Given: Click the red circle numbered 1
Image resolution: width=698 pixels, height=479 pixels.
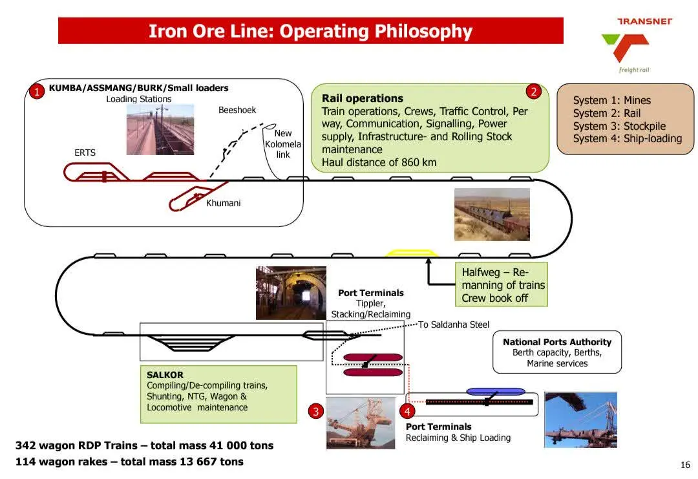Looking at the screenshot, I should (x=37, y=92).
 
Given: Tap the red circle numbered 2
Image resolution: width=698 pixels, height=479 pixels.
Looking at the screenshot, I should (x=533, y=92).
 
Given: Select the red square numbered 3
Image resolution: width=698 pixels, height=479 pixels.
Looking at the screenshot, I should (x=315, y=411).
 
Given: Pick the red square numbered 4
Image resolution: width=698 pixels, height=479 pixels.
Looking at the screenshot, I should (x=407, y=411).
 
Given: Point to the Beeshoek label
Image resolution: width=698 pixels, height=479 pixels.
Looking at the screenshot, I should (x=237, y=110).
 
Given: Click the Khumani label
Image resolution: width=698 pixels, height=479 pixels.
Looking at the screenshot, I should (x=223, y=203).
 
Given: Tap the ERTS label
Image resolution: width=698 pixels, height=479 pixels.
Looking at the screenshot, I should (x=85, y=153).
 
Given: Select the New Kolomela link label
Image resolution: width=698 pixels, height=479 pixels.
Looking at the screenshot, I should (x=283, y=144).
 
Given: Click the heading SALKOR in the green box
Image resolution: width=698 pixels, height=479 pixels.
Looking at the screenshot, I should (x=165, y=375).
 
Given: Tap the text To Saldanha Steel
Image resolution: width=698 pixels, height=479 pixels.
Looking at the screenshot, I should (x=454, y=325).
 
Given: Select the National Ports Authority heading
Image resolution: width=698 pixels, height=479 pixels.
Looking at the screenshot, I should (x=557, y=342).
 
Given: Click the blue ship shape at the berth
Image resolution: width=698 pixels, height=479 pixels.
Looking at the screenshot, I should (x=496, y=391).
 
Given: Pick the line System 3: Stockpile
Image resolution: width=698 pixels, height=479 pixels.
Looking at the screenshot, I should (x=619, y=126).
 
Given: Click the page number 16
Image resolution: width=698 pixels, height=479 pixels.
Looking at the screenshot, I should (x=685, y=465).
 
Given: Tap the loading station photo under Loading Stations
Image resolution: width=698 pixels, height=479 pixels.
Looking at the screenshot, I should (x=160, y=129).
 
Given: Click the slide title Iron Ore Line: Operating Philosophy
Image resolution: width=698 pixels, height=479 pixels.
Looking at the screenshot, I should (x=310, y=31).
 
